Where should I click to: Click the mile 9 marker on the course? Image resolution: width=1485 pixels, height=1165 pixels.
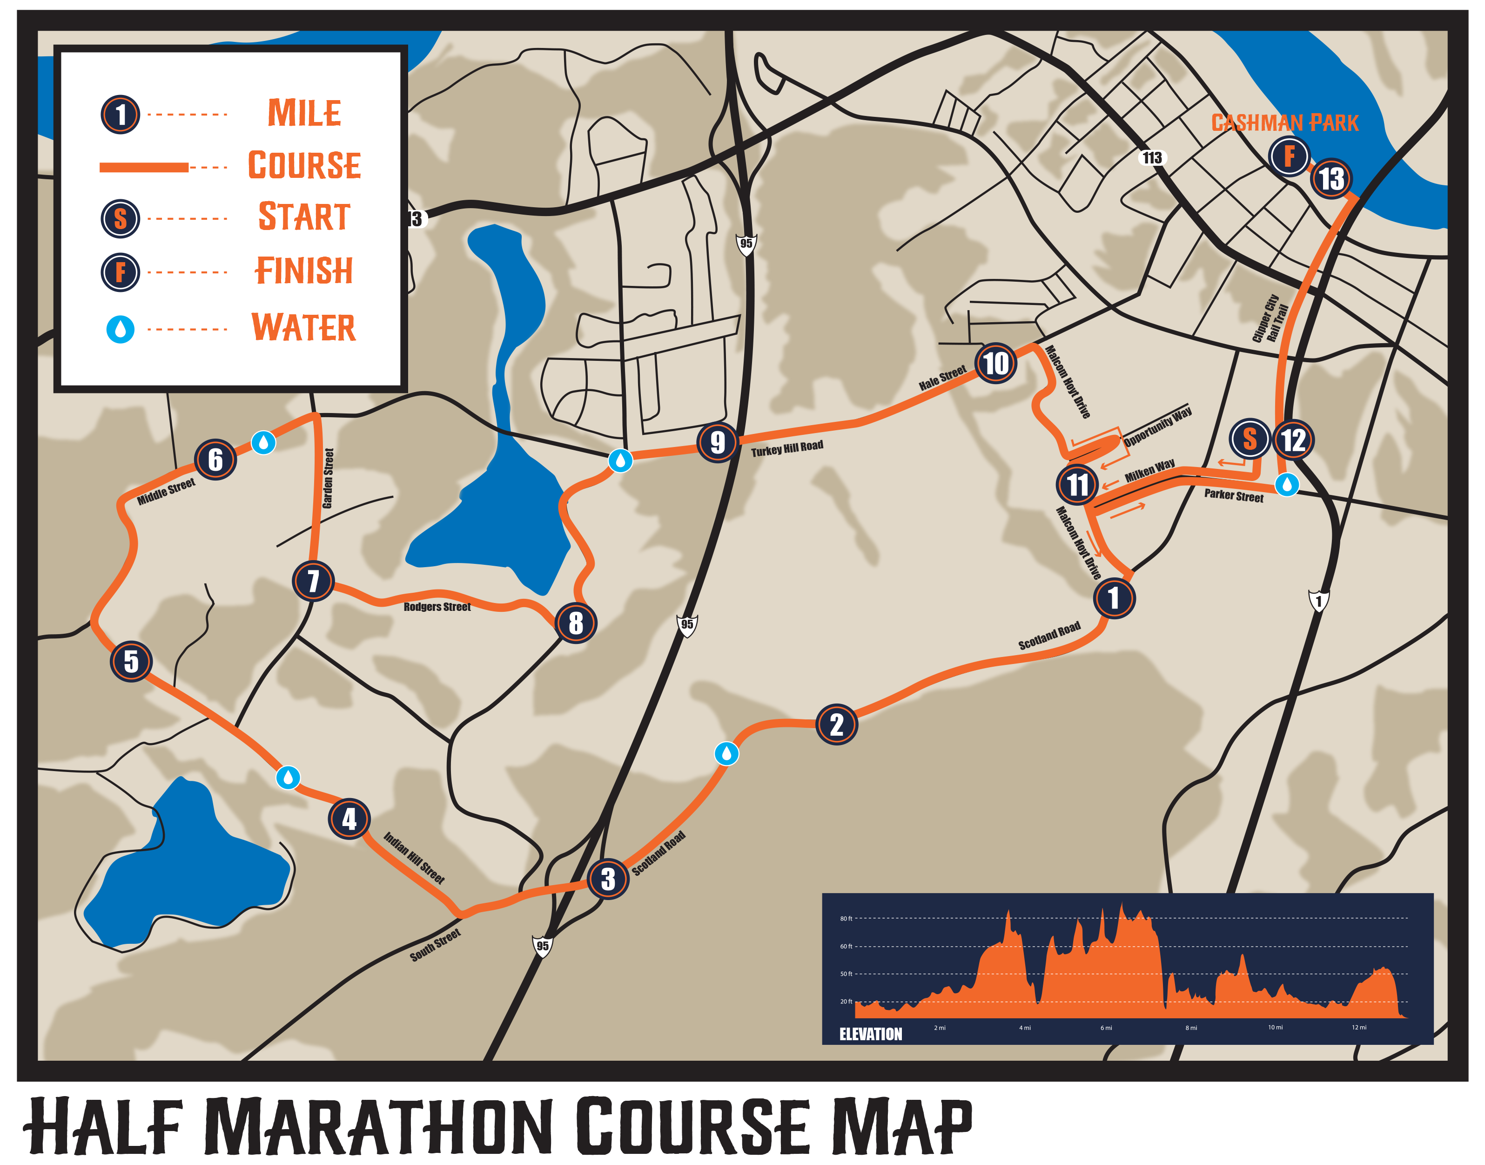[717, 442]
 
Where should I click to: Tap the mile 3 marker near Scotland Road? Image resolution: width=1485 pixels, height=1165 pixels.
[607, 879]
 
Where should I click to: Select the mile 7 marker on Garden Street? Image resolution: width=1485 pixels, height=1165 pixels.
[313, 581]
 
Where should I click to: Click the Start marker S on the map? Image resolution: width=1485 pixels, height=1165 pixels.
[1249, 439]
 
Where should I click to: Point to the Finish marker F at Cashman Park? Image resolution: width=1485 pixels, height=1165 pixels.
[1289, 156]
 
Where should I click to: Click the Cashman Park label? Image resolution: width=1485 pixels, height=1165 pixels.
[1284, 123]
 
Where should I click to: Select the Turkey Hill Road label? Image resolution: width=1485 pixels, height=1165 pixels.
[787, 448]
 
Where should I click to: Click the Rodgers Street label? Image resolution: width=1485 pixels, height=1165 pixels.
[437, 606]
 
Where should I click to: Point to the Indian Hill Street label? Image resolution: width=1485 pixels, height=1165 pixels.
[414, 858]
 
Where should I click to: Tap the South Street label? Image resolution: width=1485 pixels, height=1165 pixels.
[435, 945]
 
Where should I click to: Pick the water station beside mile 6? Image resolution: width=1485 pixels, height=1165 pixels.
[263, 442]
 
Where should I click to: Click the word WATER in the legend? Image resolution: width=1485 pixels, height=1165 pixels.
[303, 328]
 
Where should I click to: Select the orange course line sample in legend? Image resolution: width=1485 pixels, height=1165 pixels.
[144, 167]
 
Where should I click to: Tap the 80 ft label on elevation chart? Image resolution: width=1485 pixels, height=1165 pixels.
[846, 918]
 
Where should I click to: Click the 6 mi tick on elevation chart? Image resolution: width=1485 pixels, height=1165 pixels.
[1106, 1027]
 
